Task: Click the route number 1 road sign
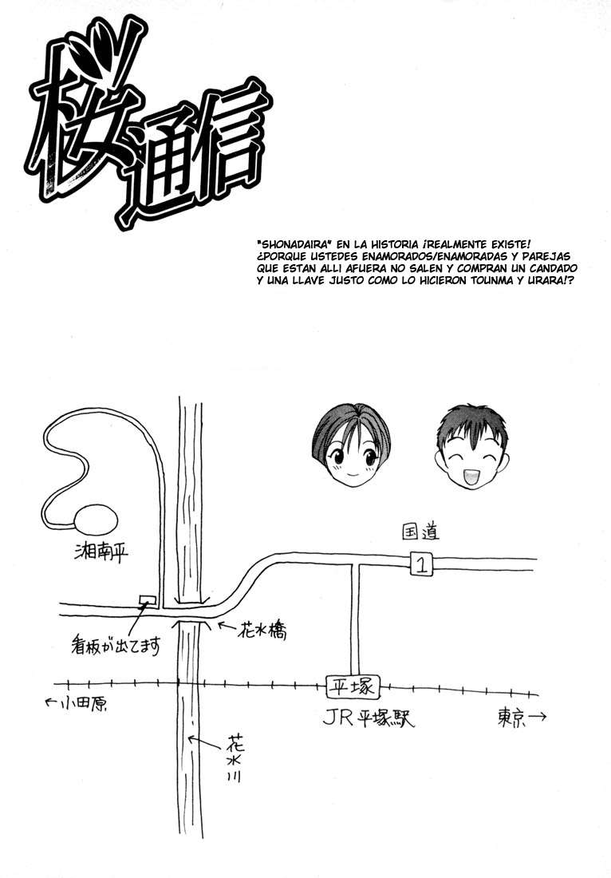click(x=420, y=564)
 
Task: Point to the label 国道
click(x=420, y=531)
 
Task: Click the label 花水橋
click(x=262, y=631)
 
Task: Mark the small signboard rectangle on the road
click(x=147, y=599)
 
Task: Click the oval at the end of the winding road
click(x=94, y=519)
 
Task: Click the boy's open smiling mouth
click(x=467, y=476)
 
